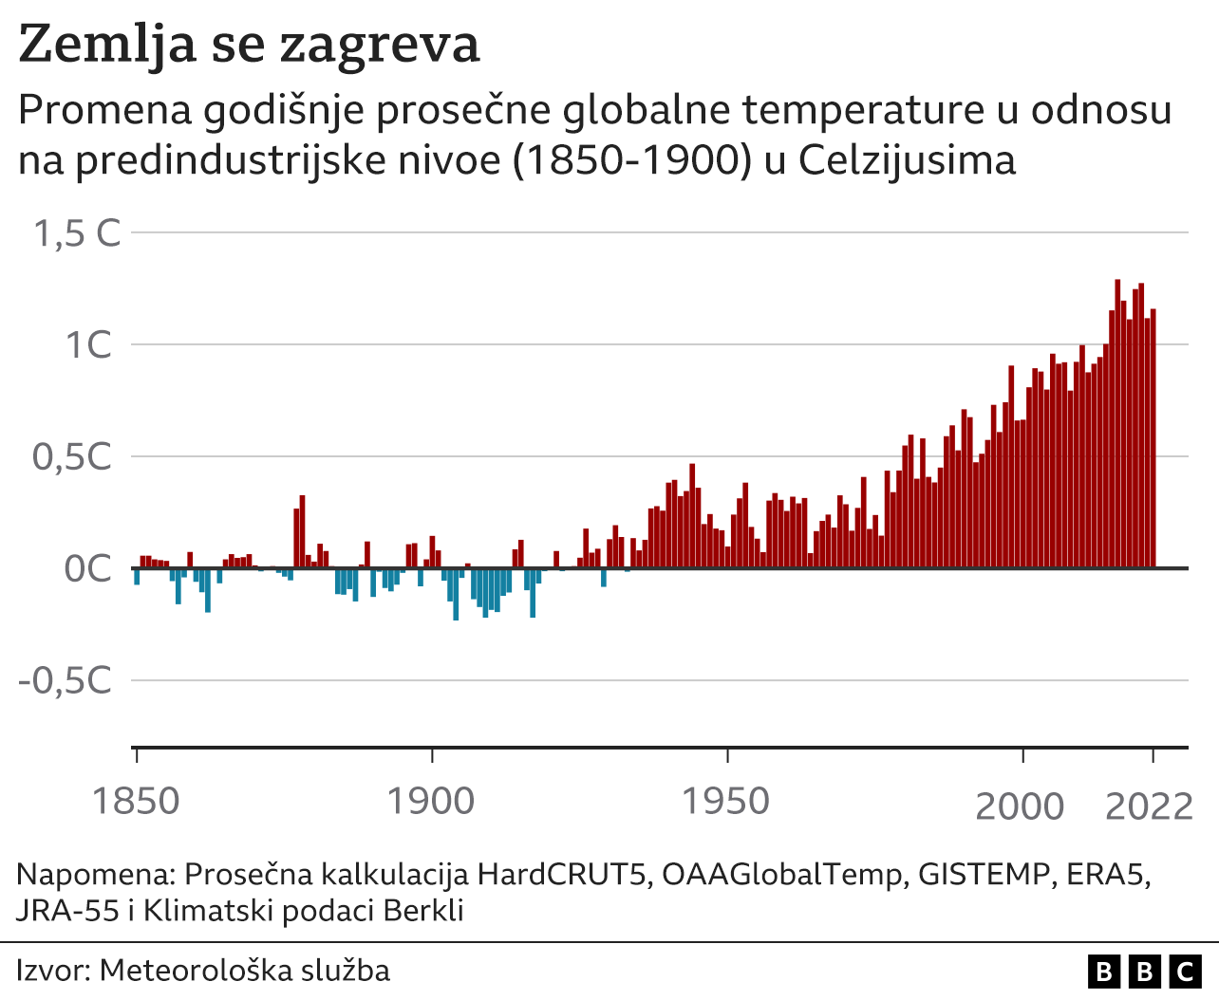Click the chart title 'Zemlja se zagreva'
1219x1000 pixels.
[x=249, y=46]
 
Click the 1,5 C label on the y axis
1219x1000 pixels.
[x=78, y=233]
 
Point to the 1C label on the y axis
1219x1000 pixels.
[x=88, y=345]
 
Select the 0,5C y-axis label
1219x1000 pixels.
[x=72, y=457]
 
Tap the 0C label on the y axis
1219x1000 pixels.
[x=88, y=569]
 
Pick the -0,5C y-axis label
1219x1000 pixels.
[x=65, y=681]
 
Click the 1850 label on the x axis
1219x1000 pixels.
[x=136, y=802]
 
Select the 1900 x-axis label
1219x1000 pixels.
[x=431, y=802]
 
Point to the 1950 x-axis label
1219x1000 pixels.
[x=726, y=802]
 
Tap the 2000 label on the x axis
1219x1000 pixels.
[x=1021, y=806]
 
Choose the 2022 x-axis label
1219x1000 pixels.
[x=1149, y=806]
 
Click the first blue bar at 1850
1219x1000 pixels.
[x=137, y=577]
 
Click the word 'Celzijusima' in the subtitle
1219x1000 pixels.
[x=907, y=160]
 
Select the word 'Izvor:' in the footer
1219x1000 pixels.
[x=53, y=971]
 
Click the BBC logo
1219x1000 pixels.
[x=1144, y=972]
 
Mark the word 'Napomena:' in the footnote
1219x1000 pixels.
[x=96, y=874]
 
